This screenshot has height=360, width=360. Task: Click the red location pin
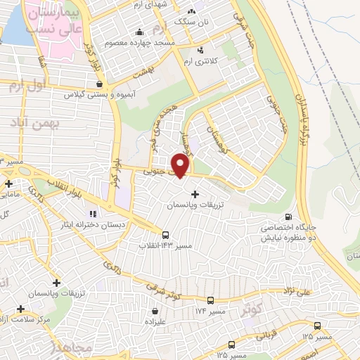point(181,164)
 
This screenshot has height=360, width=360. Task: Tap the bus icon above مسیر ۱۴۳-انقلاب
point(165,235)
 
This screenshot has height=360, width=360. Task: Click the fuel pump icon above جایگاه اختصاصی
point(288,217)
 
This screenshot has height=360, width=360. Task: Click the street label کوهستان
point(215,136)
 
